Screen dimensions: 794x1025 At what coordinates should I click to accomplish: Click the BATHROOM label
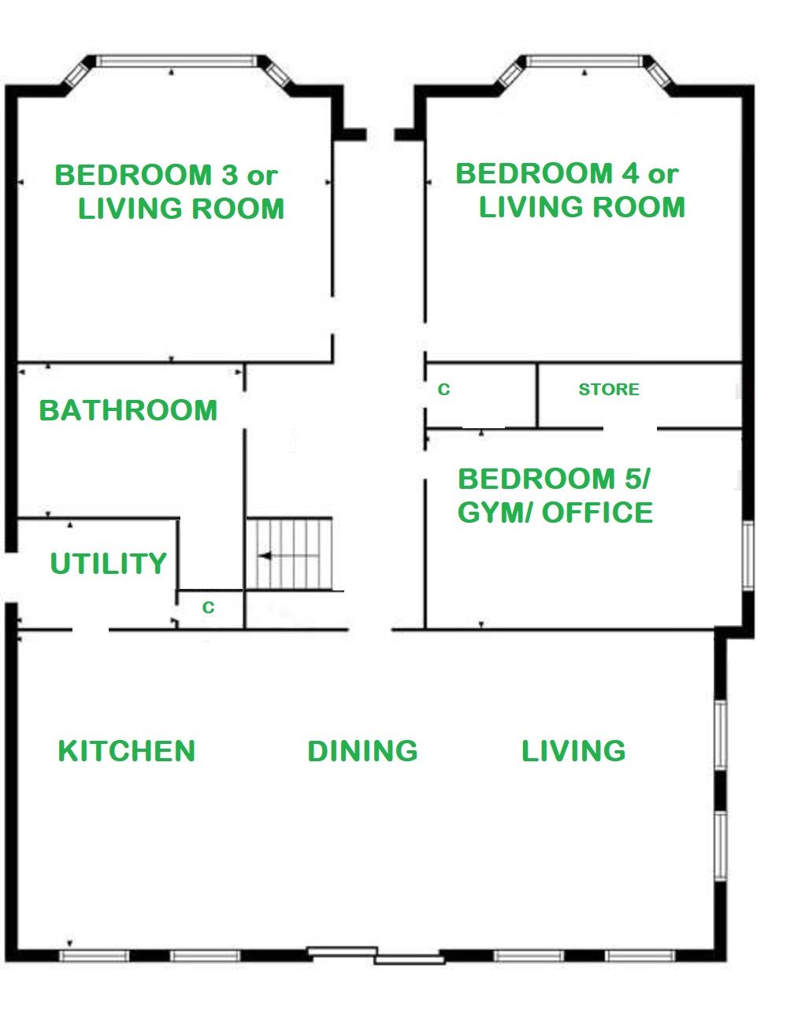click(128, 410)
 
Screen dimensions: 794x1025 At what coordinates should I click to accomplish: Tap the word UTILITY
click(109, 563)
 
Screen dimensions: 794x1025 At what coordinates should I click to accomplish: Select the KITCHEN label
click(127, 750)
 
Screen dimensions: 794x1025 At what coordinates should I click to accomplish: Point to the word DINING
click(362, 750)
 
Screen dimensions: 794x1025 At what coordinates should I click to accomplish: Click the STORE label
click(609, 389)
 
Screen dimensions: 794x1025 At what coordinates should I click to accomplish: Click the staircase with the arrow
click(290, 553)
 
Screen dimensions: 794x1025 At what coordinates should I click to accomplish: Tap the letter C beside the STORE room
click(443, 389)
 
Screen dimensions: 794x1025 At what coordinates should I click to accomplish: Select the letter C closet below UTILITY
click(208, 607)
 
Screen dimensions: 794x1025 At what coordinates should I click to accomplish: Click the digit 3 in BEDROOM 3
click(230, 175)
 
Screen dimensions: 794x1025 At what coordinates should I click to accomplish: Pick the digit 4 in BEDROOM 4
click(631, 173)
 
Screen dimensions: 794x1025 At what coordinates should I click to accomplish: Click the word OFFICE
click(597, 512)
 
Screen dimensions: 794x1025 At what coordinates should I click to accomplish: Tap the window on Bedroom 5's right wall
click(748, 555)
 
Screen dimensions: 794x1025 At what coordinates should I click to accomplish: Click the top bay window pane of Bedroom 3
click(177, 61)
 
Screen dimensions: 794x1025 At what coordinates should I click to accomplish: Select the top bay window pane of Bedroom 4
click(584, 61)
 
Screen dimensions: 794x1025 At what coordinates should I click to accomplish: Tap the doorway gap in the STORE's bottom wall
click(630, 428)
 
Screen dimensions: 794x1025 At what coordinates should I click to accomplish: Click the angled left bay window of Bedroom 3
click(76, 75)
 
